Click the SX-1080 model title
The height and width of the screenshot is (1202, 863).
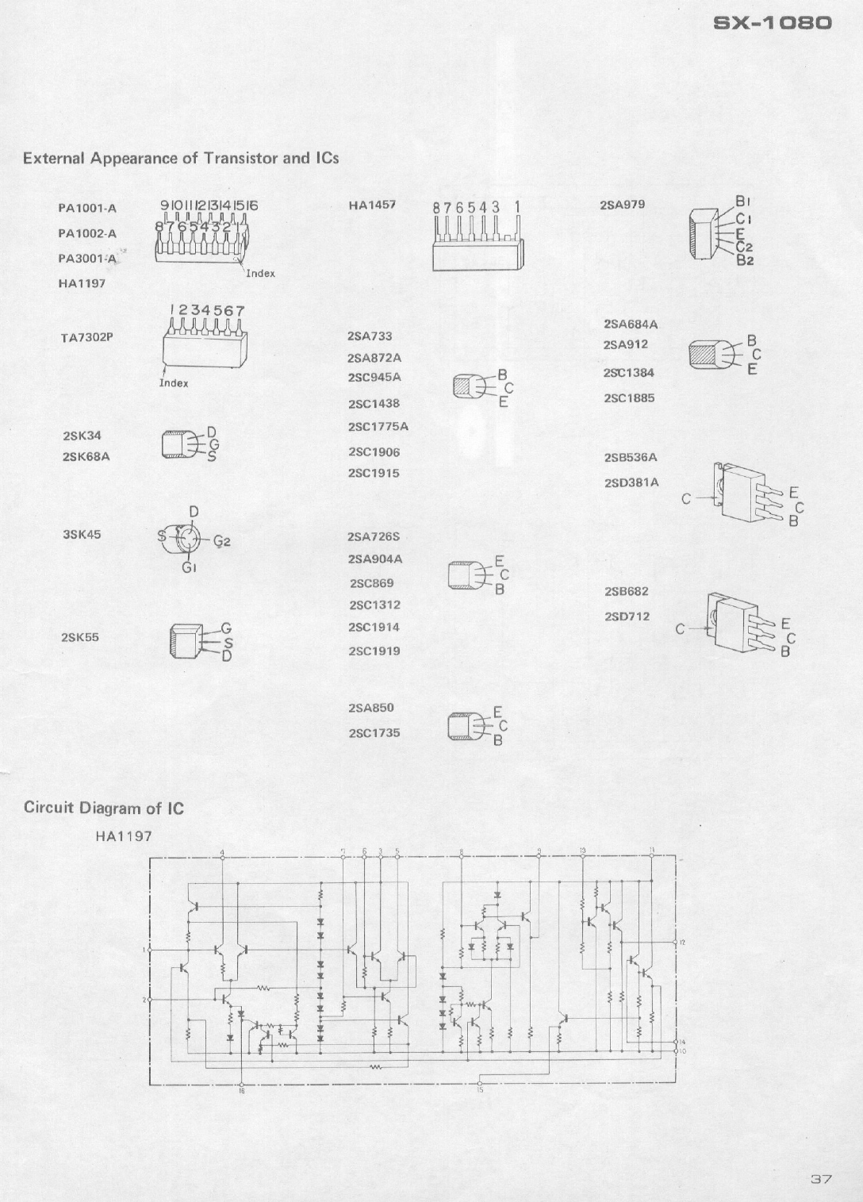pyautogui.click(x=773, y=23)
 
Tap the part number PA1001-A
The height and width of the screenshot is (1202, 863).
pyautogui.click(x=87, y=209)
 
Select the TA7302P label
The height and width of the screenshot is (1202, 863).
pyautogui.click(x=87, y=337)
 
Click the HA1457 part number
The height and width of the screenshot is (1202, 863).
pyautogui.click(x=372, y=205)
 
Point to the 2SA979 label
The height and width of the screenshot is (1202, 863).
pyautogui.click(x=623, y=205)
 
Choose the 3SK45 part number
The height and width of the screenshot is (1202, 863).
pyautogui.click(x=82, y=534)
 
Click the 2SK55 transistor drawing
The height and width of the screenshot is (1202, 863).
pyautogui.click(x=184, y=640)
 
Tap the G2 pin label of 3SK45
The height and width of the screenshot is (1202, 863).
pyautogui.click(x=221, y=542)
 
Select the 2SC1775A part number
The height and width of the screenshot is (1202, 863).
pyautogui.click(x=378, y=427)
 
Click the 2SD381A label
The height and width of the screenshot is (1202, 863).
pyautogui.click(x=631, y=482)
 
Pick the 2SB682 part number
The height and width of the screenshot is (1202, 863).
pyautogui.click(x=627, y=592)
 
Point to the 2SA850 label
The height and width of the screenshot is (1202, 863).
pyautogui.click(x=370, y=708)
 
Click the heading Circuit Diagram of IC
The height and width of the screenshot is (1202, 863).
pyautogui.click(x=104, y=808)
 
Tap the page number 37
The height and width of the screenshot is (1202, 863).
pyautogui.click(x=821, y=1179)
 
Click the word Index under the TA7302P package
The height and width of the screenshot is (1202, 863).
pyautogui.click(x=174, y=383)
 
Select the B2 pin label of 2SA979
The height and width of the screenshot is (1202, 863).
pyautogui.click(x=745, y=260)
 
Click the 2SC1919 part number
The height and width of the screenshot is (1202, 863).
pyautogui.click(x=374, y=651)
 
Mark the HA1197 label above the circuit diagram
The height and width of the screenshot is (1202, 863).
pyautogui.click(x=124, y=836)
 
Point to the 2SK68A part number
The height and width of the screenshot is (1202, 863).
pyautogui.click(x=86, y=457)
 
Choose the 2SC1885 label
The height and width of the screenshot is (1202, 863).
pyautogui.click(x=629, y=398)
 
